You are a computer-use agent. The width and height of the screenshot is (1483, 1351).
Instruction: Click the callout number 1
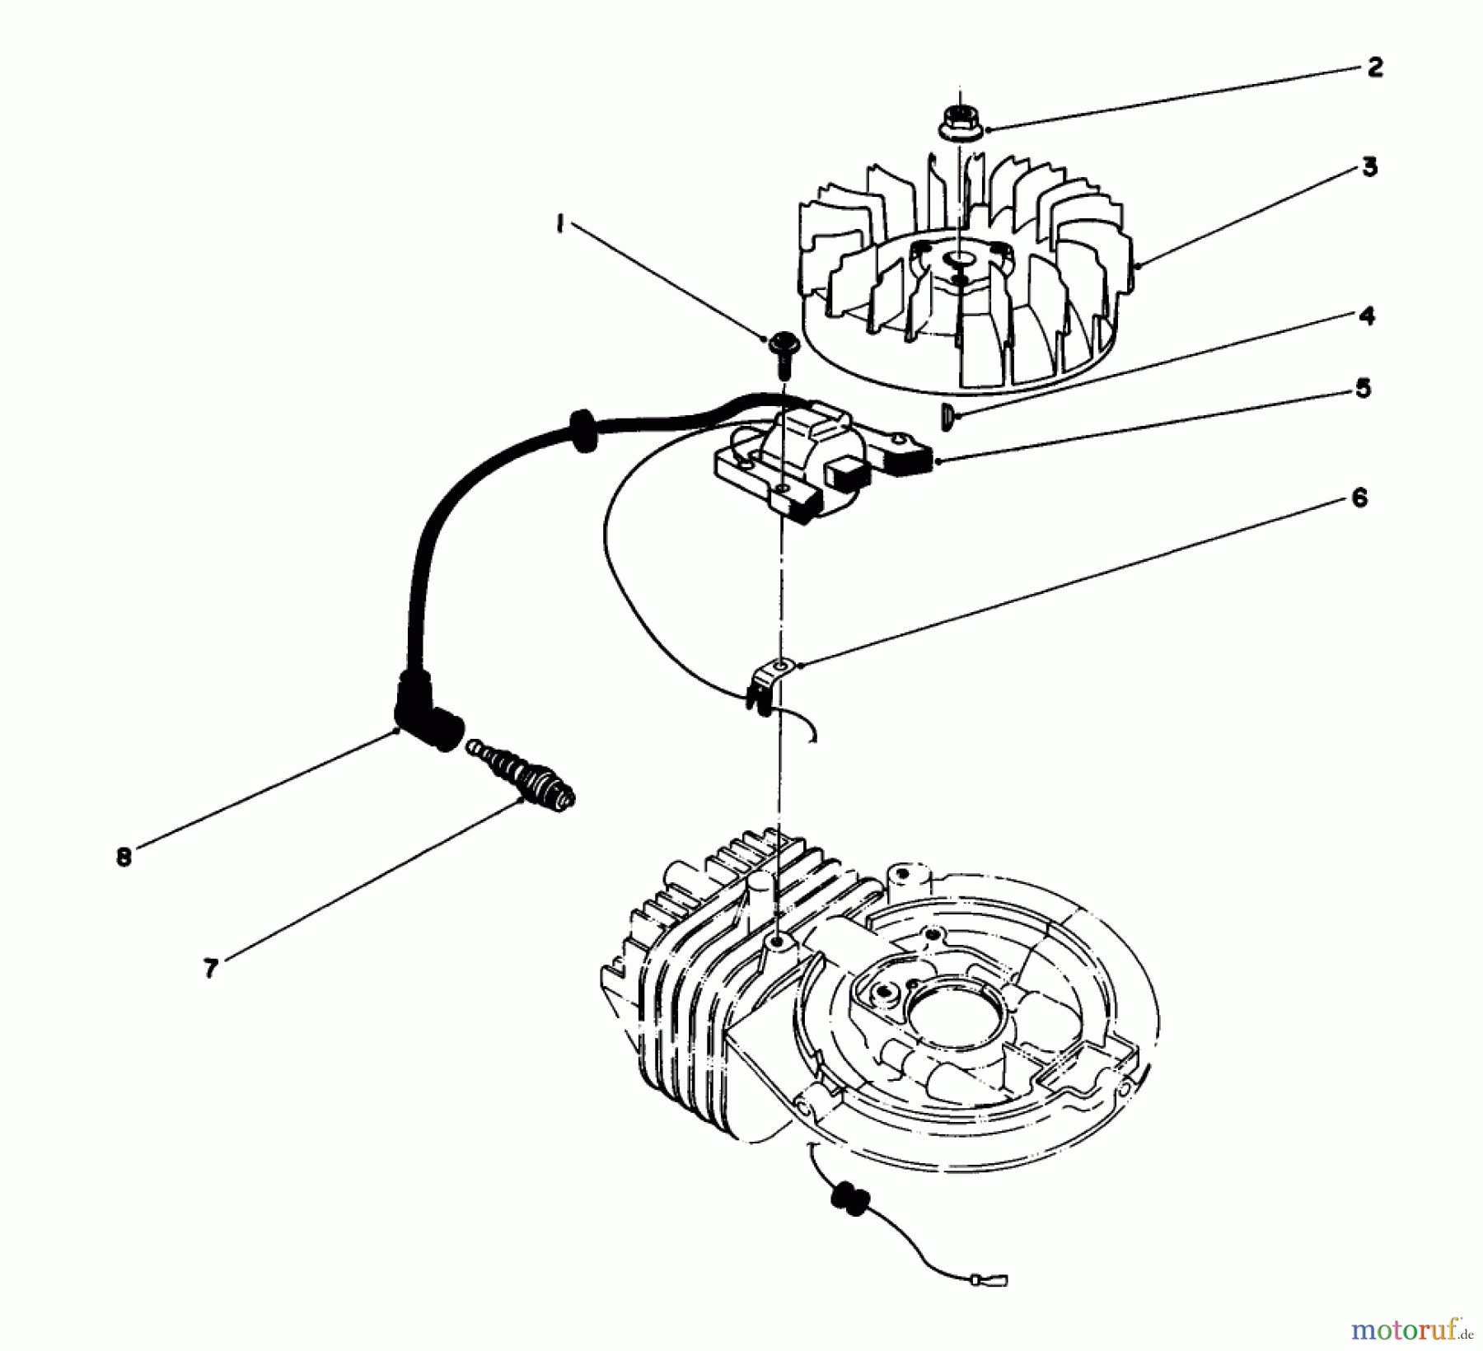pyautogui.click(x=560, y=225)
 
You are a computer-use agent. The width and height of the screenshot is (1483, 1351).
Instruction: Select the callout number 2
pyautogui.click(x=1373, y=68)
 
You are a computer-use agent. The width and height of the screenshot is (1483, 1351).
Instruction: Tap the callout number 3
pyautogui.click(x=1368, y=167)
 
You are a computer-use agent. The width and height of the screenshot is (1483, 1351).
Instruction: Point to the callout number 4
pyautogui.click(x=1367, y=316)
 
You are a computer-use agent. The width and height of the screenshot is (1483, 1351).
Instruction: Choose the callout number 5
pyautogui.click(x=1364, y=388)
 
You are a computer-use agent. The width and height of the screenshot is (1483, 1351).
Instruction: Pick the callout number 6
pyautogui.click(x=1359, y=498)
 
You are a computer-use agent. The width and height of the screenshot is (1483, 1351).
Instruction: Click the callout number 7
pyautogui.click(x=211, y=969)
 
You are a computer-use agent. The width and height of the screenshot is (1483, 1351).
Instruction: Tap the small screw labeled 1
pyautogui.click(x=781, y=347)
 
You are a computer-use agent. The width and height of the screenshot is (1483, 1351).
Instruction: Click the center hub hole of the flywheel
pyautogui.click(x=958, y=260)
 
